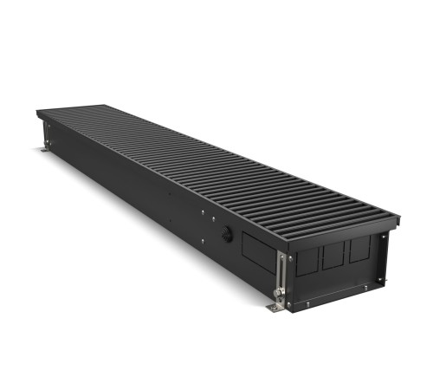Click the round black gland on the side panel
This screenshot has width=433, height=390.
227,235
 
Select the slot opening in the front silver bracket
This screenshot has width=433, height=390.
281,273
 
